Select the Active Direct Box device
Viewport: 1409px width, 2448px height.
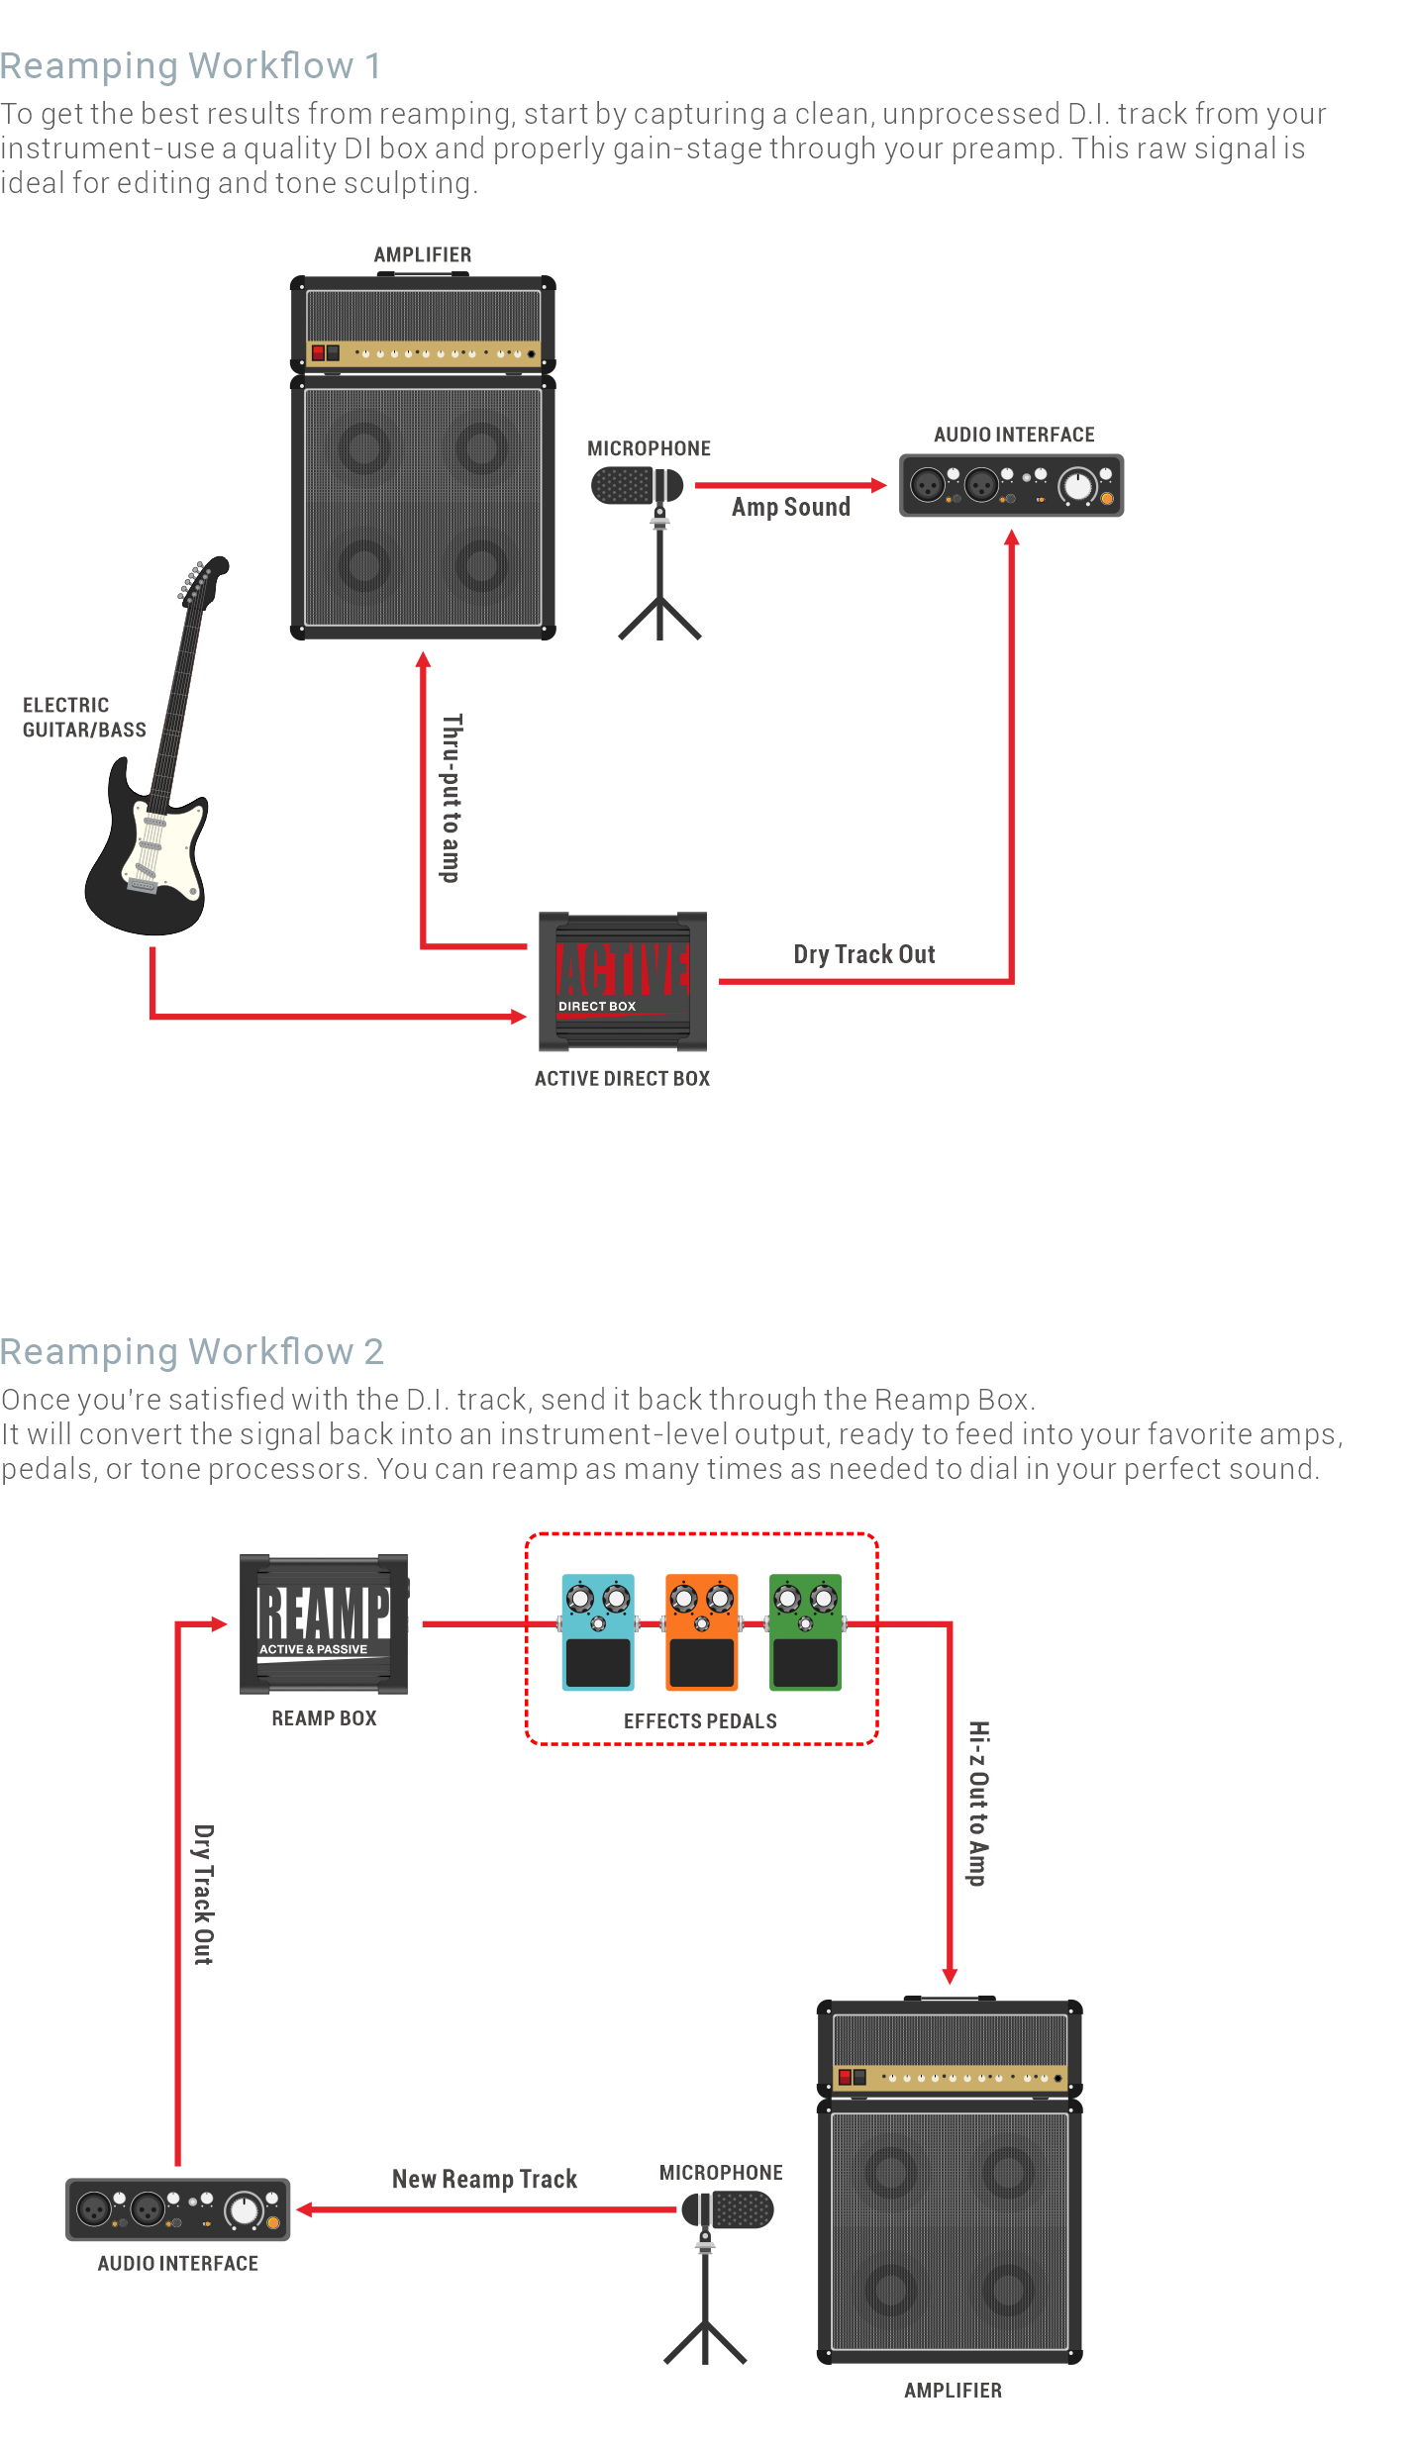[x=622, y=982]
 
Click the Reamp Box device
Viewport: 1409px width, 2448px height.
[x=324, y=1624]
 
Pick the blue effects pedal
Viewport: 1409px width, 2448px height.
[x=598, y=1632]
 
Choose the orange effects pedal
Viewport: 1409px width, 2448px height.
[x=702, y=1632]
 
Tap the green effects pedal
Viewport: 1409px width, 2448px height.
[x=806, y=1632]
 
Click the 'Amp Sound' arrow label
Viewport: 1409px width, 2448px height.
[x=790, y=508]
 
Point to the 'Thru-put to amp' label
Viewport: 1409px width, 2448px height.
[x=452, y=798]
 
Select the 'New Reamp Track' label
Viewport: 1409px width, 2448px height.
[x=484, y=2180]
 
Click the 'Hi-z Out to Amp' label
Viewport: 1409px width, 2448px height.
[x=978, y=1804]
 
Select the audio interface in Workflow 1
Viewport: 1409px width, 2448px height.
[x=1011, y=486]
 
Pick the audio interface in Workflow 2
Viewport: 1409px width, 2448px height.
[x=177, y=2209]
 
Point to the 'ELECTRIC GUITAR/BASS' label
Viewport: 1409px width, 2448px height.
[x=83, y=718]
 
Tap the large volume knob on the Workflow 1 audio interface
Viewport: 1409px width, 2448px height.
[x=1076, y=487]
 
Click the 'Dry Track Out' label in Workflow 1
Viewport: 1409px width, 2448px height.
[x=863, y=955]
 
